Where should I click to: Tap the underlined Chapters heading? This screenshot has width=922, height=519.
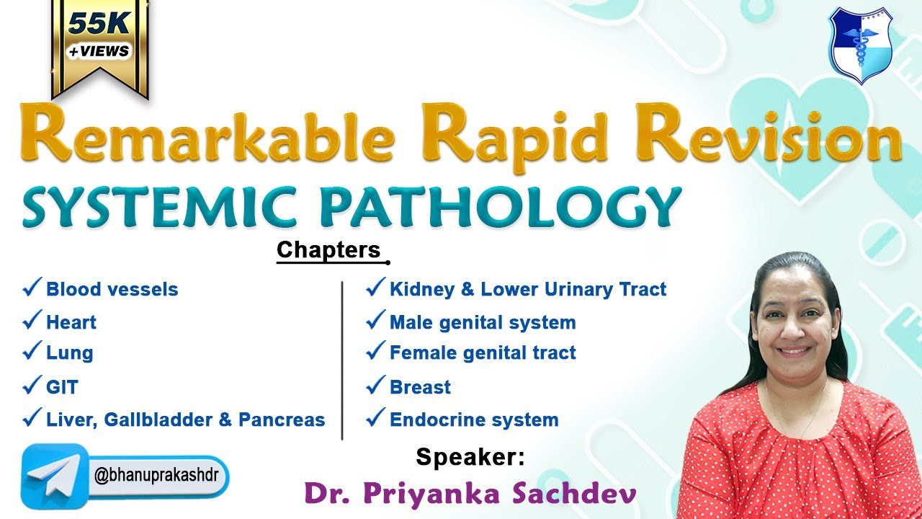click(x=328, y=250)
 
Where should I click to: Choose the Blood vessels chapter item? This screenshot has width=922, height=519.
click(x=112, y=290)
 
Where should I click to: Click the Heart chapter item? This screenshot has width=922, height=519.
click(x=71, y=322)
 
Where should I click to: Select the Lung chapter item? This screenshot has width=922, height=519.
click(x=69, y=353)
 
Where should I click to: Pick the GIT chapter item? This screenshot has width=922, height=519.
click(x=61, y=387)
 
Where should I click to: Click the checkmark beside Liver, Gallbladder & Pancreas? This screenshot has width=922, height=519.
click(x=32, y=418)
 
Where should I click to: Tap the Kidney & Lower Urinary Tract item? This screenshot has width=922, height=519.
click(x=527, y=290)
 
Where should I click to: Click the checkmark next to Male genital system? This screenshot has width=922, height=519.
click(x=375, y=321)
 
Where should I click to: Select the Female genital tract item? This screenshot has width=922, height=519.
click(x=482, y=353)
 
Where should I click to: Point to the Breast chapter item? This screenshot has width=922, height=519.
click(x=419, y=387)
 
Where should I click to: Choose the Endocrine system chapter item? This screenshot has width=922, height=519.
click(x=473, y=420)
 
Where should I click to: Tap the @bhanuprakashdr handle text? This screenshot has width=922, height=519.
click(x=161, y=476)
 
